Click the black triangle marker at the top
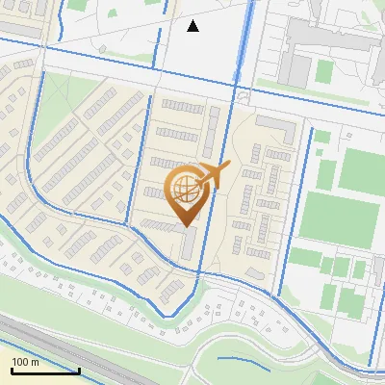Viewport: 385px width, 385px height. [x=192, y=26]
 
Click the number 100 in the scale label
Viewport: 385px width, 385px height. [x=21, y=362]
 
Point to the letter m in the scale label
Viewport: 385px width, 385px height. [x=35, y=362]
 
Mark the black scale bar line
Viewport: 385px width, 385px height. [x=44, y=371]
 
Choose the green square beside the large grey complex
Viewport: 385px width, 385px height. [x=324, y=70]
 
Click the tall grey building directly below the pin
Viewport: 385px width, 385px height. [x=190, y=244]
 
